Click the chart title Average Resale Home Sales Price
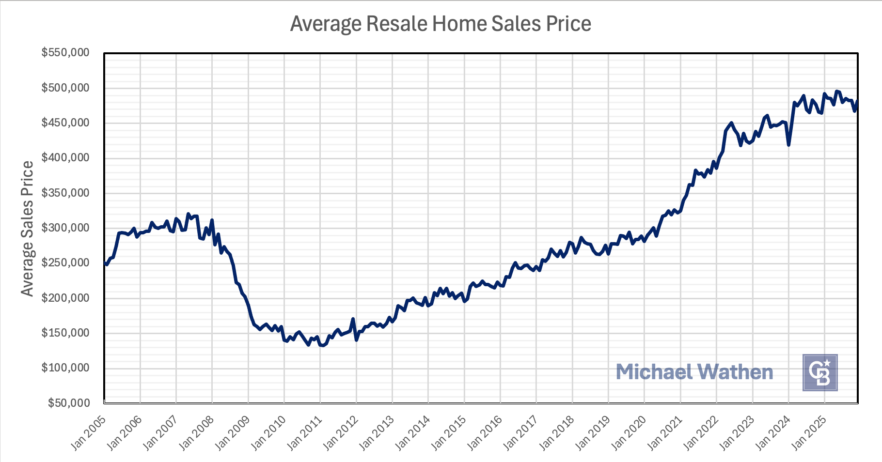tap(441, 24)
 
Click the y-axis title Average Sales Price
tap(27, 228)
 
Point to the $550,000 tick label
tap(65, 52)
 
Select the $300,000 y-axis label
tap(65, 228)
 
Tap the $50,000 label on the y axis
tap(68, 403)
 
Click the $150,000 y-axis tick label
tap(65, 333)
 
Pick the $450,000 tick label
tap(65, 123)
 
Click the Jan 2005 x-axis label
tap(88, 432)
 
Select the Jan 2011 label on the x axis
tap(304, 432)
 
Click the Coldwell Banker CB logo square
tap(820, 372)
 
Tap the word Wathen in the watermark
tap(735, 372)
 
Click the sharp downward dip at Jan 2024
tap(789, 144)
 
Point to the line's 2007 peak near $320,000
tap(188, 214)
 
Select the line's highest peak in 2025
tap(836, 91)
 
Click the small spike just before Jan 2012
tap(353, 319)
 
